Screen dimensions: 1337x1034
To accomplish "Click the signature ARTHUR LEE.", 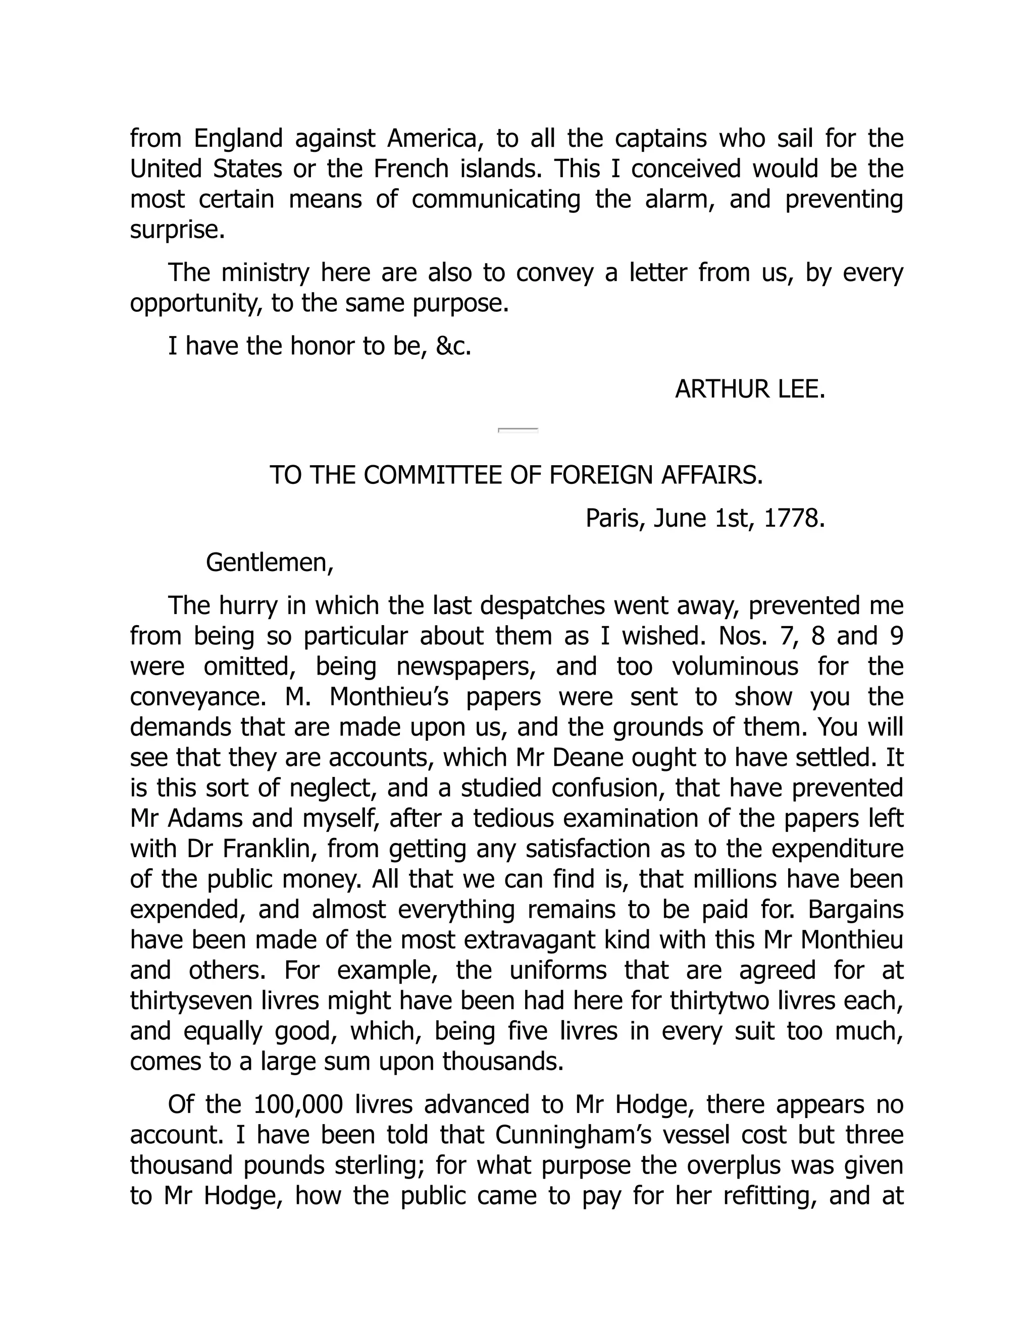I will [750, 389].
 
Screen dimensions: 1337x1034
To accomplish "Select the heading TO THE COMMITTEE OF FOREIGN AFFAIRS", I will [516, 475].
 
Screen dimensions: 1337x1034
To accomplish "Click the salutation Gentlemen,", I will [270, 562].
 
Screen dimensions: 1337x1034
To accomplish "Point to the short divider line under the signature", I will [518, 430].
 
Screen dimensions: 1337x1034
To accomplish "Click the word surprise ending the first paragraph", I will [177, 230].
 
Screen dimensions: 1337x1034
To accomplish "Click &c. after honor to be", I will [453, 347].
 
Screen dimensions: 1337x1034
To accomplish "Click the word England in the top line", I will [238, 139].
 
